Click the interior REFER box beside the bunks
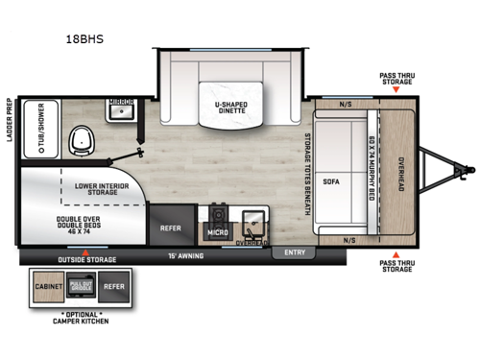click(172, 229)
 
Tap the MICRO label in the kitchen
click(216, 232)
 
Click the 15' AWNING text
click(186, 255)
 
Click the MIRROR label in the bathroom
click(120, 100)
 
